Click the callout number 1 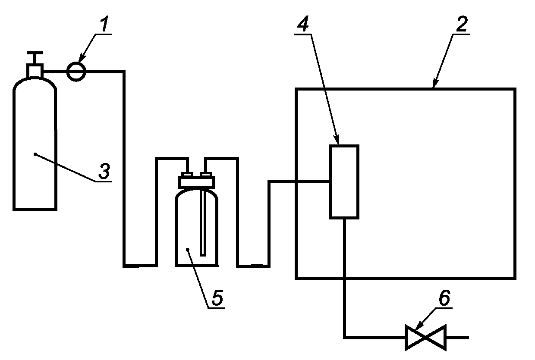[104, 24]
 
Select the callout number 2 [462, 24]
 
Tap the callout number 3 [104, 171]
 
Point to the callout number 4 [303, 24]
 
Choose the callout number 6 [444, 297]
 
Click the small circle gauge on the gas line [76, 72]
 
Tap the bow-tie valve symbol [425, 338]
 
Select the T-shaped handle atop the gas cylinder [35, 57]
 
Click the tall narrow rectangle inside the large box [344, 182]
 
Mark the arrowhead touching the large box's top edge [435, 84]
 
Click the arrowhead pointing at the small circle [82, 59]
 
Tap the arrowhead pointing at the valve [419, 326]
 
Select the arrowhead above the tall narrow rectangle [337, 140]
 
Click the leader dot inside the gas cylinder [35, 154]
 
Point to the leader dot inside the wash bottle [188, 250]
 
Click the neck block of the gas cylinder [35, 71]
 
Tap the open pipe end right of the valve [469, 338]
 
